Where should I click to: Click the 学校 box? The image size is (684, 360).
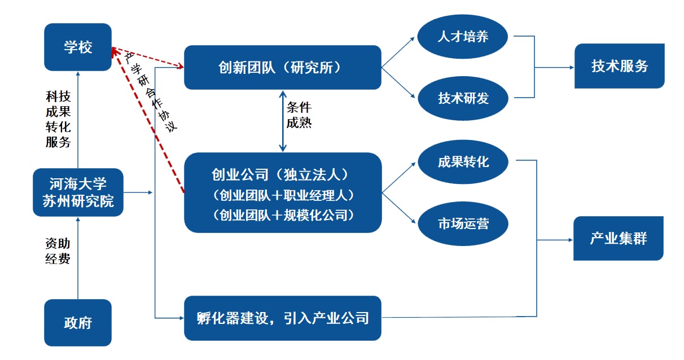(x=78, y=47)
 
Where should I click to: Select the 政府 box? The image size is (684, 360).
(x=78, y=322)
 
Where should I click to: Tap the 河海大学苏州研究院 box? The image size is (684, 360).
(x=78, y=192)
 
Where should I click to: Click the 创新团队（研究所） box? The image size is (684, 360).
(x=282, y=67)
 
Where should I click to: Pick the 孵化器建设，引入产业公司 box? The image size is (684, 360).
(x=282, y=318)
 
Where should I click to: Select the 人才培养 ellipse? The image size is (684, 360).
(x=463, y=37)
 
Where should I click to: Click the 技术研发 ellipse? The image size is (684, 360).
(x=463, y=98)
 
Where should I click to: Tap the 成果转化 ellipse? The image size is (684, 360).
(x=463, y=162)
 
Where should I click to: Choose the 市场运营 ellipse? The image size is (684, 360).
(x=463, y=223)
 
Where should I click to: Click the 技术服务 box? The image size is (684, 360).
(x=619, y=66)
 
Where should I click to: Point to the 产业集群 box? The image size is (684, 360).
(x=618, y=238)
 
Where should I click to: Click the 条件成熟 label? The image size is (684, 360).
(x=299, y=115)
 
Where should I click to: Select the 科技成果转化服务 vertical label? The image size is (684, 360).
(x=58, y=120)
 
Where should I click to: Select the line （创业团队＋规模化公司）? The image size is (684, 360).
(x=282, y=215)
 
